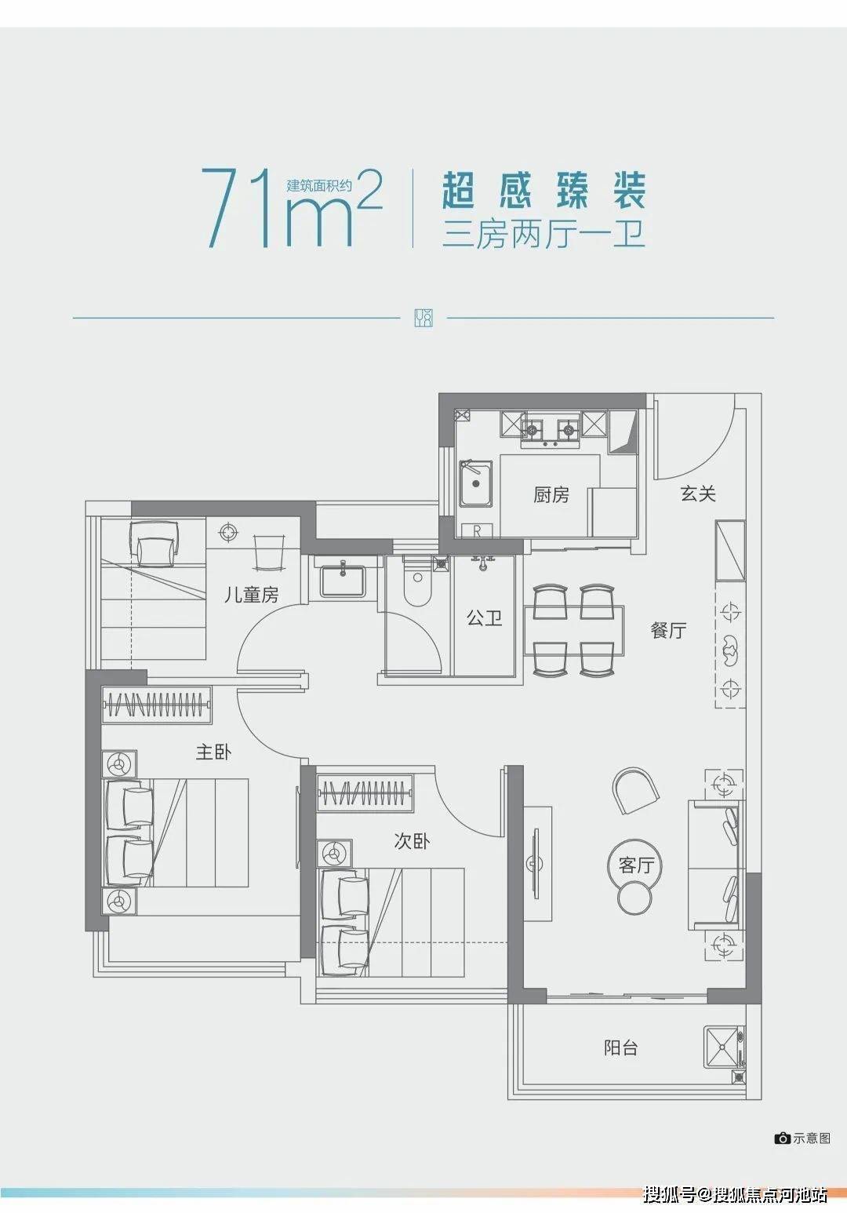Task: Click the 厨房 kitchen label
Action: pos(551,495)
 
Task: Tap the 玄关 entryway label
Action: pos(698,494)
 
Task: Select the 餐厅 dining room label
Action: pos(668,630)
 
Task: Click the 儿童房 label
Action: pos(252,596)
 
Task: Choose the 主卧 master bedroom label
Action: pos(214,752)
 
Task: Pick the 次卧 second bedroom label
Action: pos(412,842)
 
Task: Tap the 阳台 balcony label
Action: pos(621,1047)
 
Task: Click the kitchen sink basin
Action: pos(476,483)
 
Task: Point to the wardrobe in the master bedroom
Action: pos(157,705)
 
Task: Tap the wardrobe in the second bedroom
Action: pos(365,793)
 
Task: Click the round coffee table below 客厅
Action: pos(634,898)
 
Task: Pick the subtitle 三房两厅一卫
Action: pos(544,235)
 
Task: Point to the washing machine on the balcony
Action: pos(724,1047)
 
